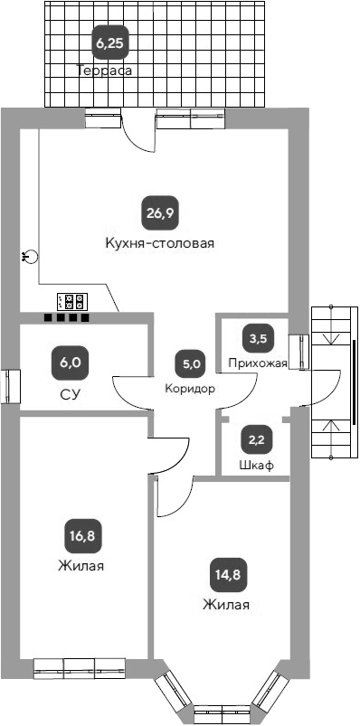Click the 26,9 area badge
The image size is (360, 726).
(x=159, y=213)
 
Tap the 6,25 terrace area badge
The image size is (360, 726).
(x=110, y=42)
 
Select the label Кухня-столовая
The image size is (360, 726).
(x=159, y=243)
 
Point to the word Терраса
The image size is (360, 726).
(x=105, y=70)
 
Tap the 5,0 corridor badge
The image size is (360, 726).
(x=191, y=364)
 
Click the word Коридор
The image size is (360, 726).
(x=190, y=389)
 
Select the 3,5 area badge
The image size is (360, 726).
(x=258, y=339)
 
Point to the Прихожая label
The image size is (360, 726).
(x=258, y=363)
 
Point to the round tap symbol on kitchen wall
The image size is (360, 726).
(x=32, y=257)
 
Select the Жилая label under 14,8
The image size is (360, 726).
(x=226, y=605)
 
